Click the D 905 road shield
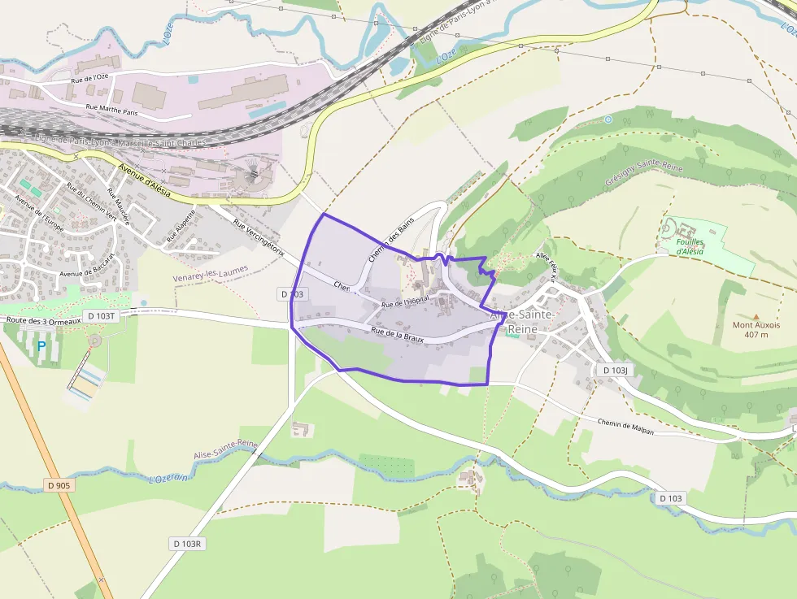pyautogui.click(x=59, y=485)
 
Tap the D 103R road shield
pyautogui.click(x=186, y=543)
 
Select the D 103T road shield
pyautogui.click(x=102, y=315)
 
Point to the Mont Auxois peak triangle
pyautogui.click(x=756, y=317)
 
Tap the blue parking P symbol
pyautogui.click(x=41, y=346)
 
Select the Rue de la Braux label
pyautogui.click(x=397, y=334)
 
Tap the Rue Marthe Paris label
pyautogui.click(x=112, y=111)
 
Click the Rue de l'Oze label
pyautogui.click(x=89, y=78)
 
